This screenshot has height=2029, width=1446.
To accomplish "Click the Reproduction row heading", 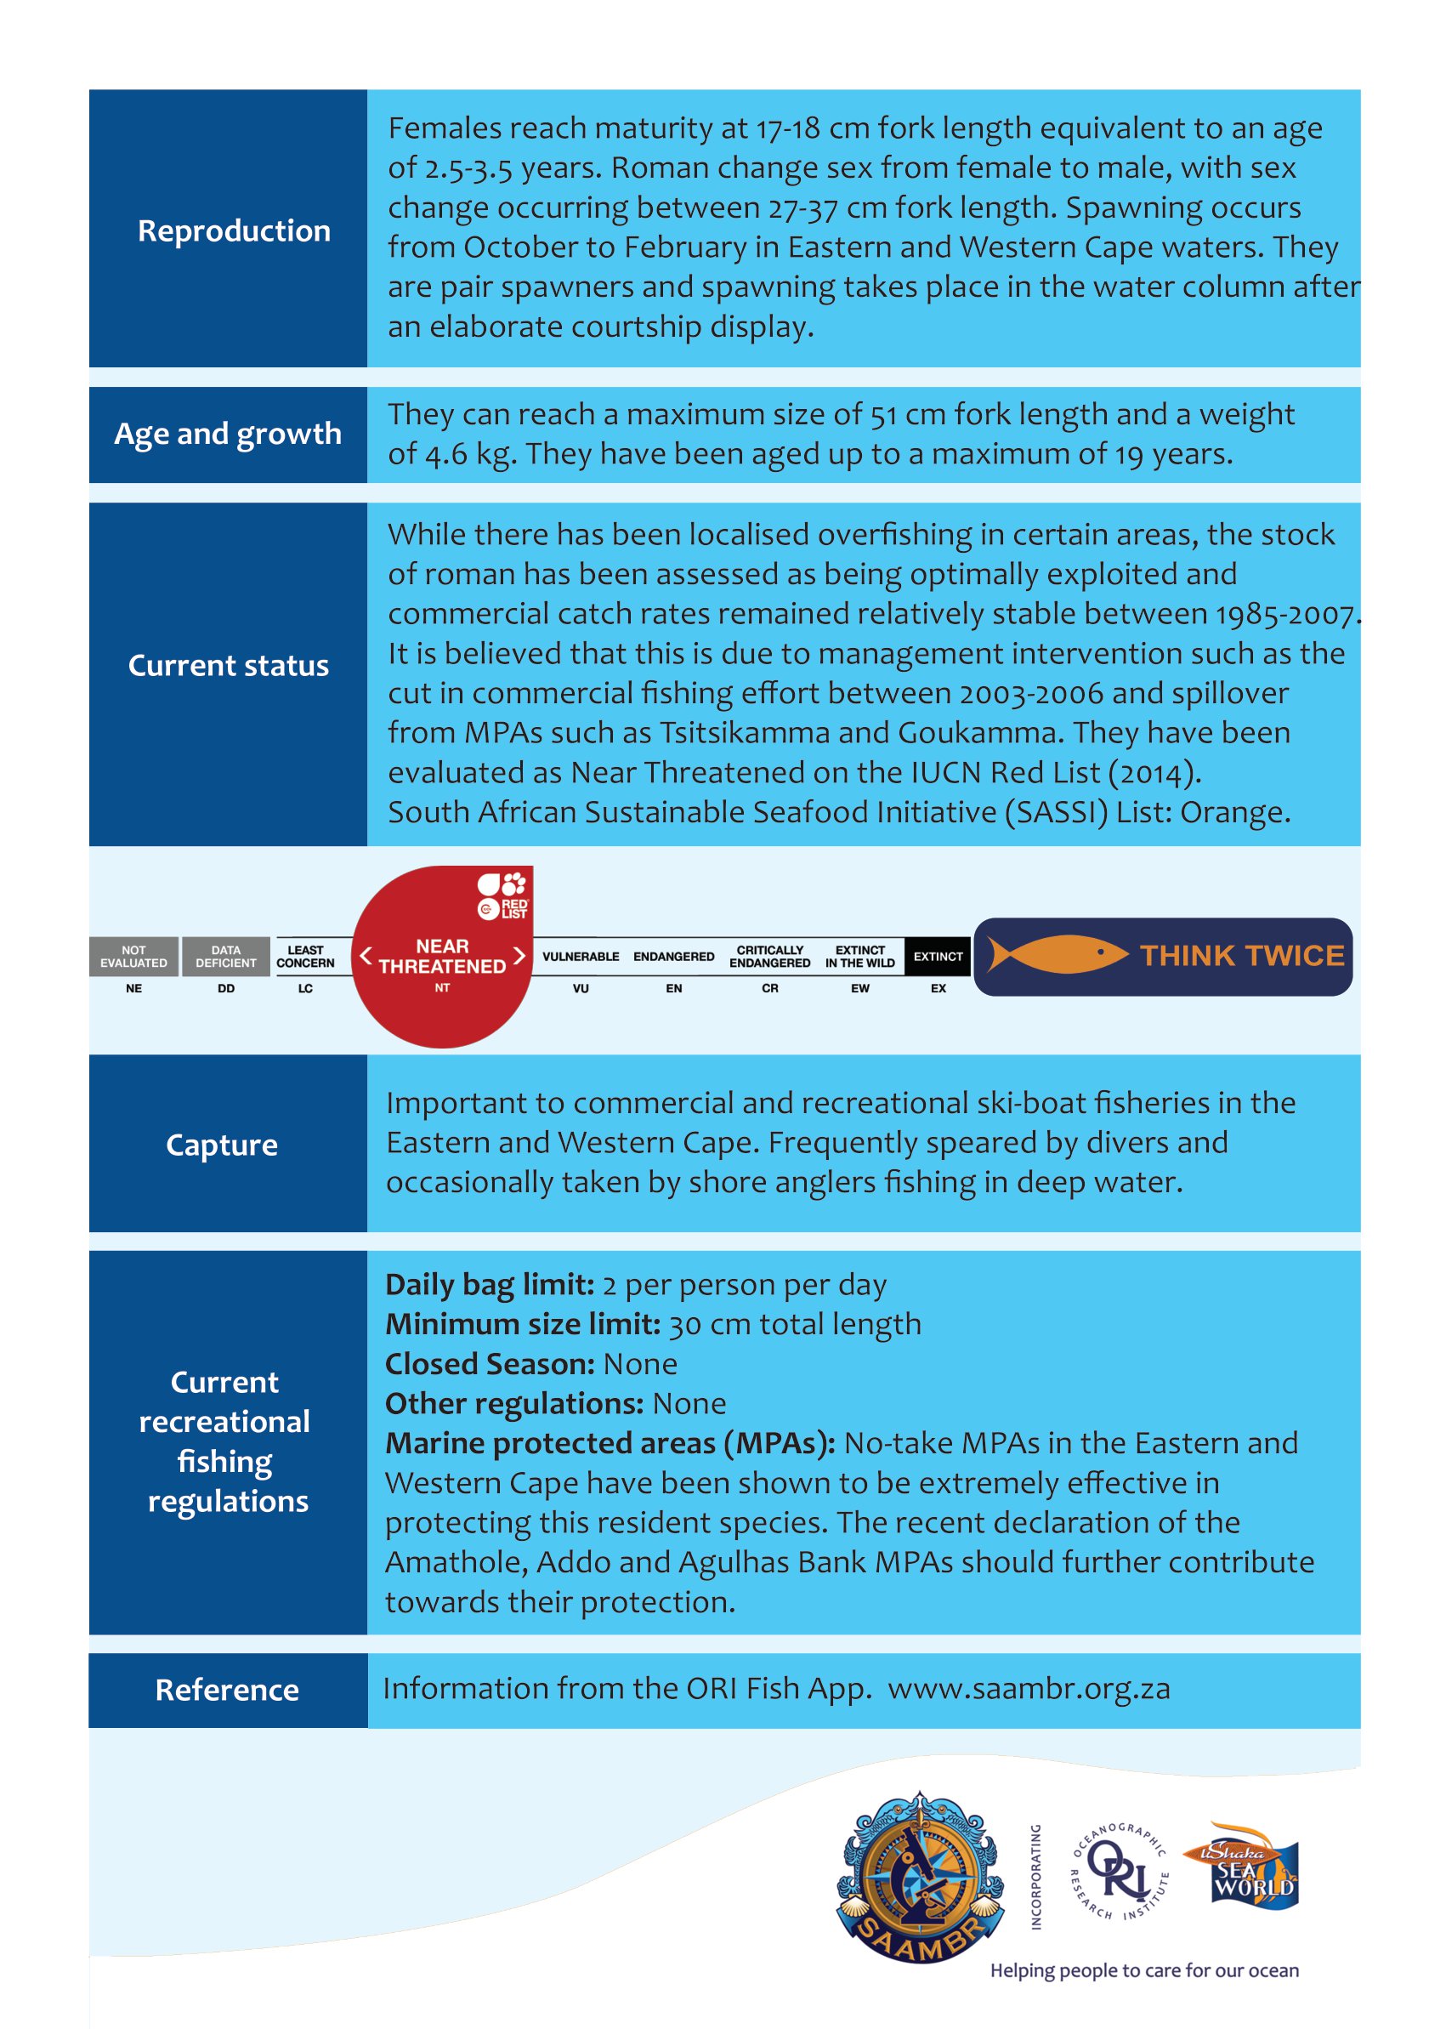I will [x=233, y=230].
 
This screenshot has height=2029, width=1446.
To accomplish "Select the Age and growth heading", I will [x=228, y=434].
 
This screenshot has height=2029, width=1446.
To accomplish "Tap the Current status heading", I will [x=228, y=665].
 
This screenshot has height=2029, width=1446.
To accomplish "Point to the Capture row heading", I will [x=222, y=1145].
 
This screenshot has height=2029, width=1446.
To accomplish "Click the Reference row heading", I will [x=227, y=1690].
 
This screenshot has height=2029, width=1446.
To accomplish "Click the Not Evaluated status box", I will [x=133, y=957].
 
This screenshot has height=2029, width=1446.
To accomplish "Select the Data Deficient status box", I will [x=226, y=957].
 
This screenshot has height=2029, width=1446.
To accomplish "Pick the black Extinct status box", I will [x=938, y=957].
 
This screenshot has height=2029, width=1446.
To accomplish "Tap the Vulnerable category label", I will [x=581, y=957].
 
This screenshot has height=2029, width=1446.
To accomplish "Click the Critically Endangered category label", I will [x=769, y=957].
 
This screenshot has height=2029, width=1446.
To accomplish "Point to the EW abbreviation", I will [x=860, y=989].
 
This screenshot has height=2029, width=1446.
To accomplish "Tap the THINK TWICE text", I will [x=1242, y=956].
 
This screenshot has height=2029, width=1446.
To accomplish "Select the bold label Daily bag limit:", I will [x=490, y=1284].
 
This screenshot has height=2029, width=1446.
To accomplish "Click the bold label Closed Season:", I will [x=490, y=1364].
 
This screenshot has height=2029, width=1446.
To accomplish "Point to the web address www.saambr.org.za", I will [x=1029, y=1689].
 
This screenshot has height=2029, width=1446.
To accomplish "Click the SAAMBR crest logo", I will [x=921, y=1878].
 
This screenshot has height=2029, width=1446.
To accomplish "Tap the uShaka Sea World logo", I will [x=1243, y=1866].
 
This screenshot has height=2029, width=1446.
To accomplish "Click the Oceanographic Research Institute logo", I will [x=1120, y=1873].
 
